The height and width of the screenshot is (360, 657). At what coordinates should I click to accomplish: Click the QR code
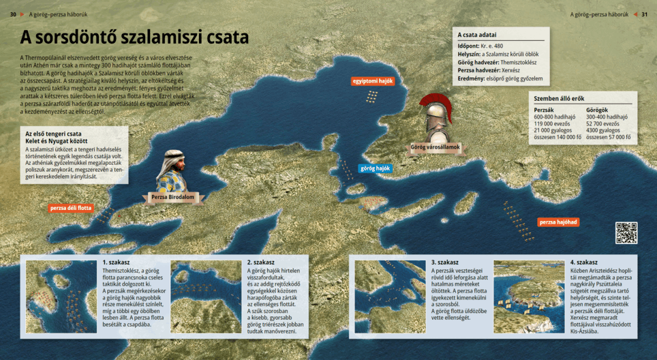pos(626,232)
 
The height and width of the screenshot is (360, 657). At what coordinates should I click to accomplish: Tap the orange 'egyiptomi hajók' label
pos(373,81)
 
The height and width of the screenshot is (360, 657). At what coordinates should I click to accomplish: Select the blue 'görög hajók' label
pos(375,168)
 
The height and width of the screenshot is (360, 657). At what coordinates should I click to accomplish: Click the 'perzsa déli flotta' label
pos(70,208)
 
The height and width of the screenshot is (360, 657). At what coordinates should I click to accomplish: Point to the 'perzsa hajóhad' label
pos(558,222)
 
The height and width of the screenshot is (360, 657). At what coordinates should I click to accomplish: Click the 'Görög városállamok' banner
pos(436,147)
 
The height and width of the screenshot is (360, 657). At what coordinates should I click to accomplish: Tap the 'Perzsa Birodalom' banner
pos(172,198)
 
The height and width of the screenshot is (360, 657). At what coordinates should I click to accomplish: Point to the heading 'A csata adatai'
pos(477,35)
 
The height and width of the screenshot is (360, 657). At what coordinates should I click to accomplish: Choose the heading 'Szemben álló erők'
pos(559,98)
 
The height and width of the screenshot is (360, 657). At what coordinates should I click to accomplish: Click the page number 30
pos(13,14)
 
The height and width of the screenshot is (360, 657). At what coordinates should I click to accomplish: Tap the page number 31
pos(644,14)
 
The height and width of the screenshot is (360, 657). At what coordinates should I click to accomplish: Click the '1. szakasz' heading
pos(116,262)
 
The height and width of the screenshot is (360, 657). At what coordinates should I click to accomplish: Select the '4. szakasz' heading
pos(583,262)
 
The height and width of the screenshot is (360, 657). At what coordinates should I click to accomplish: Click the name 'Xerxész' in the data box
pos(513,70)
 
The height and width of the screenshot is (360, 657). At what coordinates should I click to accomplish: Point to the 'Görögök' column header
pos(597,109)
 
